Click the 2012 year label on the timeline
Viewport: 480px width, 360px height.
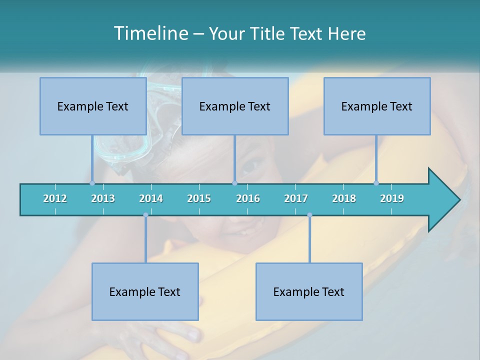tap(55, 198)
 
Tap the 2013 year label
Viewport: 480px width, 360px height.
tap(103, 198)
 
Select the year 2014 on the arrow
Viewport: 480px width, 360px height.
tap(151, 198)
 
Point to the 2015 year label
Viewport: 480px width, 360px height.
tap(199, 198)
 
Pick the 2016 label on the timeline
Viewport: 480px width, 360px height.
tap(248, 198)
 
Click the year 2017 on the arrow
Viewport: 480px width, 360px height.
tap(296, 198)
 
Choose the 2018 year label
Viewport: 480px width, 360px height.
tap(344, 198)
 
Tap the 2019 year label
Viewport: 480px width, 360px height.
tap(392, 198)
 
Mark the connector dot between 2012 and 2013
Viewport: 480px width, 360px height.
tap(92, 183)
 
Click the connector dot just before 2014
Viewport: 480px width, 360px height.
tap(145, 215)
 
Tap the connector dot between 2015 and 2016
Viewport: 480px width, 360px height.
tap(234, 183)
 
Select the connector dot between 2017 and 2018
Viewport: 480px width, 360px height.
tap(309, 215)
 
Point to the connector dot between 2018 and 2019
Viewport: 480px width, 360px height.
tap(376, 183)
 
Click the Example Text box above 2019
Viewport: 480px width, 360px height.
tap(377, 106)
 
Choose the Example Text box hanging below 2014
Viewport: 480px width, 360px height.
tap(145, 291)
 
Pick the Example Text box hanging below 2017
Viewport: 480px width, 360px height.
tap(309, 291)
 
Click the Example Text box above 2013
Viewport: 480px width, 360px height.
tap(93, 106)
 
